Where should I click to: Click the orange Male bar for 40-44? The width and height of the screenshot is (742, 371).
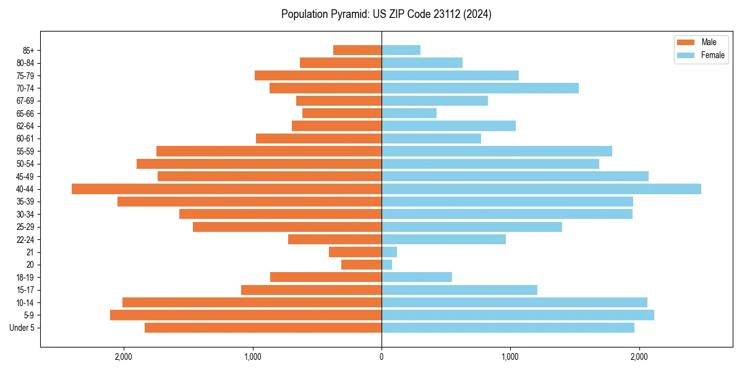[226, 189]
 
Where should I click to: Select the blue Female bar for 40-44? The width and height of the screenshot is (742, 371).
[541, 189]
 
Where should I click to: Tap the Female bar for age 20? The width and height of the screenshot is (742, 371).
[387, 265]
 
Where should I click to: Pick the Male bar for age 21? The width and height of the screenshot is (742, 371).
[355, 252]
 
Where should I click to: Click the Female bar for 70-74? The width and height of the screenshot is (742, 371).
[480, 88]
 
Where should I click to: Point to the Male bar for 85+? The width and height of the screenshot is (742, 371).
[357, 50]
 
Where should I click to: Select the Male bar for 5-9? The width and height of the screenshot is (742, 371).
[245, 315]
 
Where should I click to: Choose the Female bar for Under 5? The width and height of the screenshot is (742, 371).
[508, 328]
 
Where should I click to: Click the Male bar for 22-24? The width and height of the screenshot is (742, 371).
[335, 239]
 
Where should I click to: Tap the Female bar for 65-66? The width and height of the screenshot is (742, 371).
[409, 113]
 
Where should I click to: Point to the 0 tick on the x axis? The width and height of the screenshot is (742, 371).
[382, 356]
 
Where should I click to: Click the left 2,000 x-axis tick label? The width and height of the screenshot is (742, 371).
[124, 356]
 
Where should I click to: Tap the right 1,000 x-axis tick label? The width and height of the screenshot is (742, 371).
[510, 356]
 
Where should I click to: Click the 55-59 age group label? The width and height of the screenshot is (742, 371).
[25, 151]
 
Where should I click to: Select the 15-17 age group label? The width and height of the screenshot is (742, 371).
[25, 290]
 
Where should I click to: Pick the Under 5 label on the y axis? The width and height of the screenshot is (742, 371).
[22, 328]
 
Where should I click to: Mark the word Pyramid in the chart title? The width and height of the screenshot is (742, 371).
[347, 14]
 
